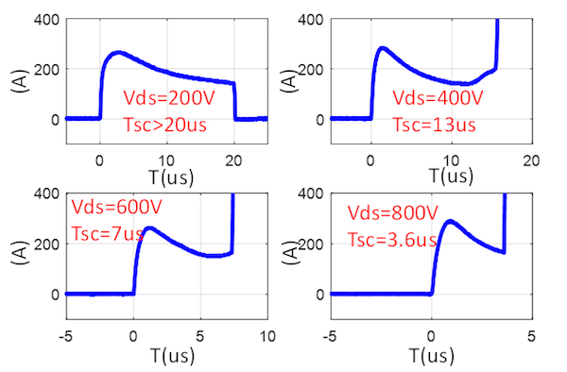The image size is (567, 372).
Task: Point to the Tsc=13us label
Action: pyautogui.click(x=434, y=124)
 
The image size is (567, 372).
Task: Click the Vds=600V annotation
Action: pyautogui.click(x=116, y=208)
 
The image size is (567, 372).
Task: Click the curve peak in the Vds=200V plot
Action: pyautogui.click(x=118, y=53)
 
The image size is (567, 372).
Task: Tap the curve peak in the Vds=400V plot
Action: pyautogui.click(x=383, y=47)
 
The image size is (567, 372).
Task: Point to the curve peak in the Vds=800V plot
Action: pyautogui.click(x=450, y=222)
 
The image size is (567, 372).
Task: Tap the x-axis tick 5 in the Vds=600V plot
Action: pyautogui.click(x=200, y=334)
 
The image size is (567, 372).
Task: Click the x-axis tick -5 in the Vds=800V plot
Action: pyautogui.click(x=329, y=334)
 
